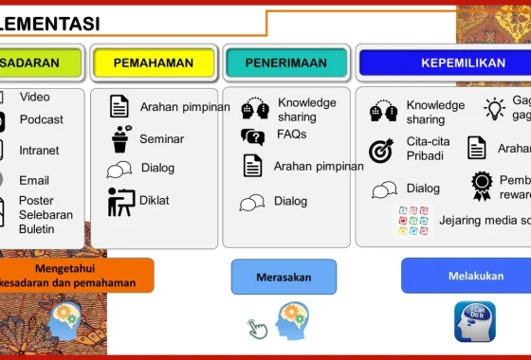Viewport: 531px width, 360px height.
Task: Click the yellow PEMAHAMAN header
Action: click(x=154, y=63)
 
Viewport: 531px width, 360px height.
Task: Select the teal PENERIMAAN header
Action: click(x=285, y=63)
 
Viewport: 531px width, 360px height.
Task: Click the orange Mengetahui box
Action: click(x=76, y=275)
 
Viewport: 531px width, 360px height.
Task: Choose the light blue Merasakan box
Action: click(x=284, y=277)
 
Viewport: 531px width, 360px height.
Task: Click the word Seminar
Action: click(x=161, y=139)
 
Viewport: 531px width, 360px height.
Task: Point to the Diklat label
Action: click(x=155, y=201)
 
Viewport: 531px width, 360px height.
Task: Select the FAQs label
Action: click(x=291, y=135)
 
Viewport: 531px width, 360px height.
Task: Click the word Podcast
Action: click(x=41, y=119)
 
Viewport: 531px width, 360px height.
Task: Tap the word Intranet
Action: click(x=39, y=150)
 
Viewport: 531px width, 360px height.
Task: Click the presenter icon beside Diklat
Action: click(x=120, y=202)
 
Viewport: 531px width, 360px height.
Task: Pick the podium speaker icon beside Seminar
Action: click(x=120, y=139)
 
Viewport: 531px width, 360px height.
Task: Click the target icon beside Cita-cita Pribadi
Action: click(x=381, y=150)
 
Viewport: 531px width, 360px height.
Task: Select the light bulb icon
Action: click(x=494, y=108)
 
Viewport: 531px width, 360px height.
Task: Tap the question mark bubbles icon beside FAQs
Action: click(x=252, y=136)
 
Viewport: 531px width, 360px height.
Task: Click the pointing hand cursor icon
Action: click(x=258, y=329)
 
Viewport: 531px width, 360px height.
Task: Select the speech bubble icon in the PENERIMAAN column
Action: click(x=252, y=202)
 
